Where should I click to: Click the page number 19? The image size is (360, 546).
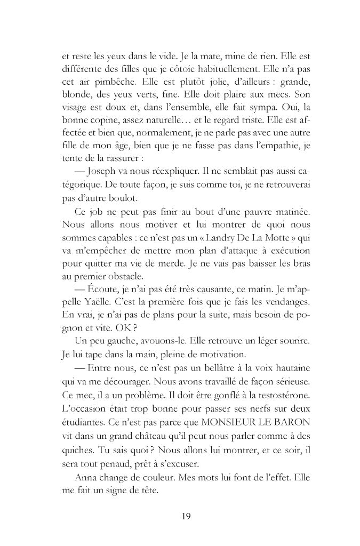coord(186,516)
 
